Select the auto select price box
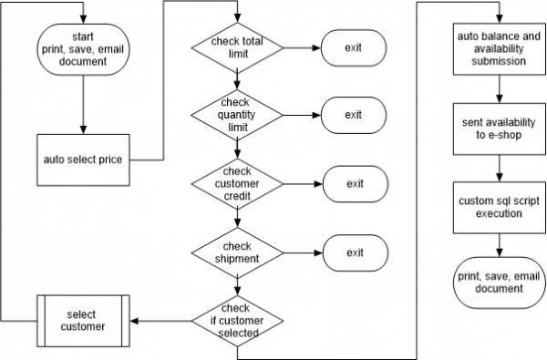(83, 159)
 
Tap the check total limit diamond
(237, 47)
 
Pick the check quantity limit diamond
(237, 116)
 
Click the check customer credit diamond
(237, 184)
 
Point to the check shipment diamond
(237, 252)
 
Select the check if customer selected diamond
(237, 320)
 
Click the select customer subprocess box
(83, 320)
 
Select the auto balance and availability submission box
(498, 47)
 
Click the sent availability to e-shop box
(498, 129)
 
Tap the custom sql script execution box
(498, 206)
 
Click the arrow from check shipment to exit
(302, 252)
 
